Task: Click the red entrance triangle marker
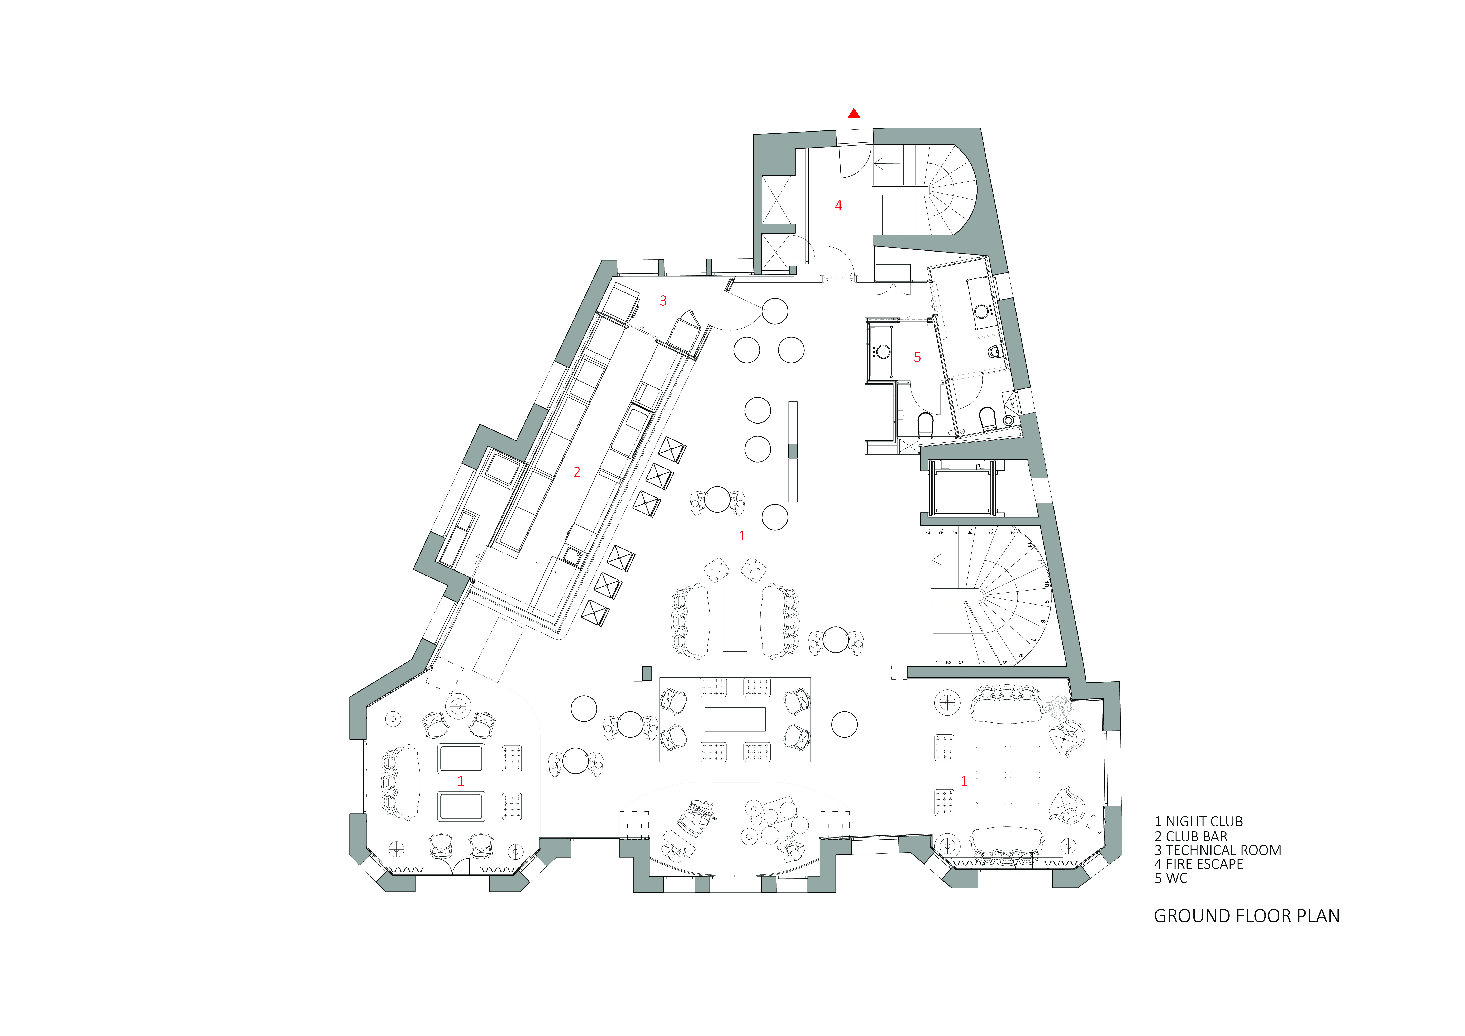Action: (854, 114)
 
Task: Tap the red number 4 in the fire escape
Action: (838, 205)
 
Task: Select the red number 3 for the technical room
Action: (663, 300)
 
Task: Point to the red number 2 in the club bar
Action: (577, 472)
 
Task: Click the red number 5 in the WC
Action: (917, 357)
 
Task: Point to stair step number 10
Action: (1046, 584)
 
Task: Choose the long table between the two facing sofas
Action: (734, 621)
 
